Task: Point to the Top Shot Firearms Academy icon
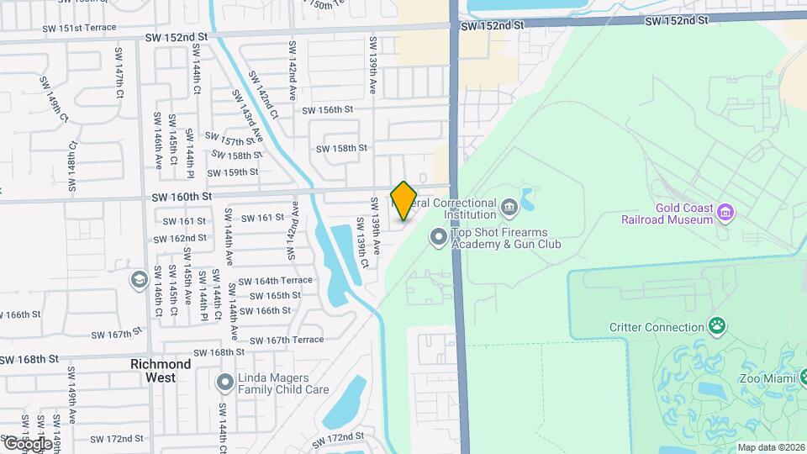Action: [437, 238]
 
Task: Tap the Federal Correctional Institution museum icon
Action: [509, 207]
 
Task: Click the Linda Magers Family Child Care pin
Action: [224, 383]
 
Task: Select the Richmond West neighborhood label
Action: [161, 371]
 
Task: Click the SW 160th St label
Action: [181, 197]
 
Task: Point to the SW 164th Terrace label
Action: [275, 281]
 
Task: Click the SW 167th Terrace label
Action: [287, 340]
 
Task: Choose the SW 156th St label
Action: [327, 110]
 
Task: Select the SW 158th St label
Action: [341, 148]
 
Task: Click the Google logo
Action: [26, 443]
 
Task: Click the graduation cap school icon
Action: [140, 278]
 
